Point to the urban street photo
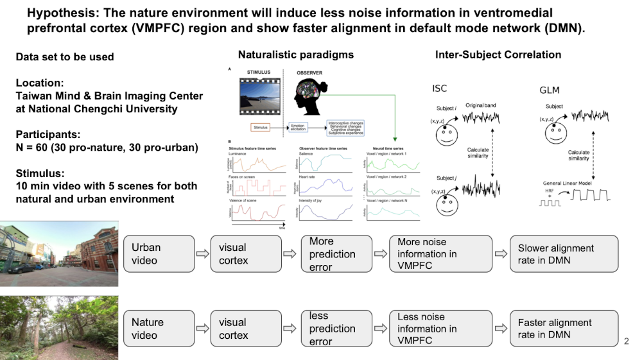[x=59, y=253]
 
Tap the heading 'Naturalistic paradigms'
[x=296, y=55]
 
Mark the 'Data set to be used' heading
[x=65, y=57]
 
